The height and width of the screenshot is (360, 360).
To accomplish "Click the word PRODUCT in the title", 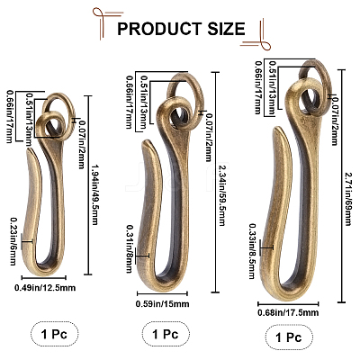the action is (159, 29).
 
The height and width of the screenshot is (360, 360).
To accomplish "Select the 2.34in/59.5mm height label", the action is (222, 195).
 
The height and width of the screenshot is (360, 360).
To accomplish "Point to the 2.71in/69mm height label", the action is (347, 199).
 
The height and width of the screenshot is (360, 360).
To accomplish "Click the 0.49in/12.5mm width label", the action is (45, 288).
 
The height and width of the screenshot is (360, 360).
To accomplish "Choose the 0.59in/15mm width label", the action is (163, 304).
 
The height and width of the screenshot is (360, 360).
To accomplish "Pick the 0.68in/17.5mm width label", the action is (288, 312).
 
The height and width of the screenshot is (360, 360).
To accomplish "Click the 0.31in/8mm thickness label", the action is (130, 249).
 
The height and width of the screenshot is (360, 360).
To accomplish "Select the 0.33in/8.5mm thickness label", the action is (252, 251).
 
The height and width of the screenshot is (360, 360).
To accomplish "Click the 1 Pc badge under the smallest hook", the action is (55, 334).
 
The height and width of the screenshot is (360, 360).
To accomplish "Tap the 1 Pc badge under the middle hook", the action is (166, 334).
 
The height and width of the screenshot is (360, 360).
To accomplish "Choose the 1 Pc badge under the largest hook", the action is (289, 337).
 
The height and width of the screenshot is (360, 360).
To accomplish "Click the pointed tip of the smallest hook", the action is (30, 149).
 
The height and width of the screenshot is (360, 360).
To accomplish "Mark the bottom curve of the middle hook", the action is (158, 282).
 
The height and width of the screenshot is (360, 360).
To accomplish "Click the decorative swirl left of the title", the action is (104, 21).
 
